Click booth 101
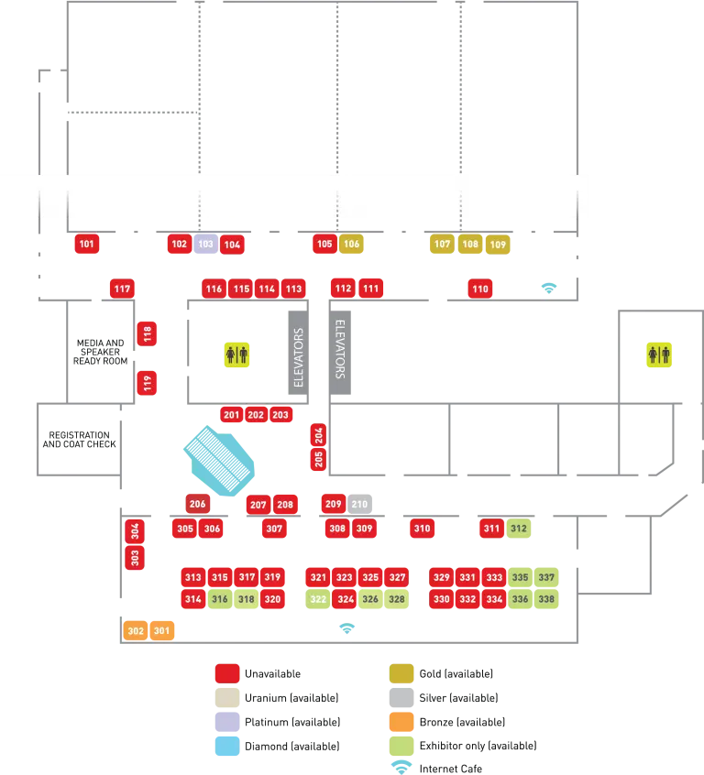[x=87, y=245]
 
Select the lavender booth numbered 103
[x=205, y=245]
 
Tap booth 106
[x=352, y=245]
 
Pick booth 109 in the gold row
[x=498, y=245]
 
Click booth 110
[x=480, y=289]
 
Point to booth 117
[x=122, y=289]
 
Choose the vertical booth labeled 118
[x=148, y=333]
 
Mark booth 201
[x=231, y=415]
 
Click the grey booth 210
[x=359, y=504]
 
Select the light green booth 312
[x=520, y=529]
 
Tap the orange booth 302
[x=136, y=630]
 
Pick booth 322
[x=318, y=599]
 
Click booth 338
[x=547, y=599]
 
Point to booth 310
[x=422, y=529]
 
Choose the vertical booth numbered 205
[x=319, y=460]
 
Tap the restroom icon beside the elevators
[x=236, y=355]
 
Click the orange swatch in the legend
[x=401, y=722]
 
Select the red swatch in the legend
[x=226, y=673]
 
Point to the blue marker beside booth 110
[x=548, y=288]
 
